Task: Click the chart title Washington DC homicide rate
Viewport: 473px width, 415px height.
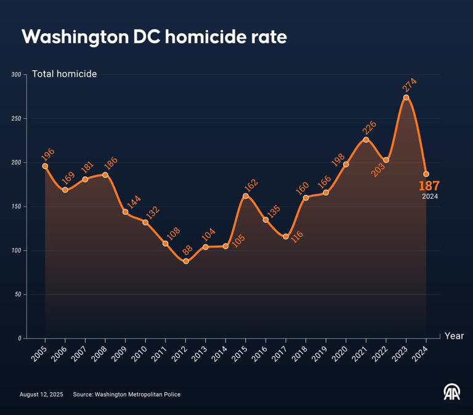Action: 154,38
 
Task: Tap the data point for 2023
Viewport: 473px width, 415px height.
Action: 406,97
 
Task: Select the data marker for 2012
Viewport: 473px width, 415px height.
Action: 185,261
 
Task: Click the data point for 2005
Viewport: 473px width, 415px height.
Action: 45,166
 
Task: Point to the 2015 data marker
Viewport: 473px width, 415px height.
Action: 246,196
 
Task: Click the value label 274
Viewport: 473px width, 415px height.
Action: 410,84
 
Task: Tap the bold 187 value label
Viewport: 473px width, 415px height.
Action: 429,187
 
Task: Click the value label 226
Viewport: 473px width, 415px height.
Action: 370,127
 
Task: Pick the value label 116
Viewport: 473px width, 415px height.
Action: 297,236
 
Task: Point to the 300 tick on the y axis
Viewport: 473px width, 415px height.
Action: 16,75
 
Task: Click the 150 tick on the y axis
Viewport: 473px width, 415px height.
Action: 16,207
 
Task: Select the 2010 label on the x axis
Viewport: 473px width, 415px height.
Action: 140,352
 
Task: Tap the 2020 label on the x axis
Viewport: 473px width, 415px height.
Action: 341,352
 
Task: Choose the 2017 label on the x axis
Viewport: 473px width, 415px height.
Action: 281,352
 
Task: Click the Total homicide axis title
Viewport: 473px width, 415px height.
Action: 64,74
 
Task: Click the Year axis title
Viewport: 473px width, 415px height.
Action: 454,336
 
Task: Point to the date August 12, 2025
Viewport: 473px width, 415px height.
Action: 41,394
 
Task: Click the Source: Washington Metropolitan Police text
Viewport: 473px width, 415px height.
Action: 126,394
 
